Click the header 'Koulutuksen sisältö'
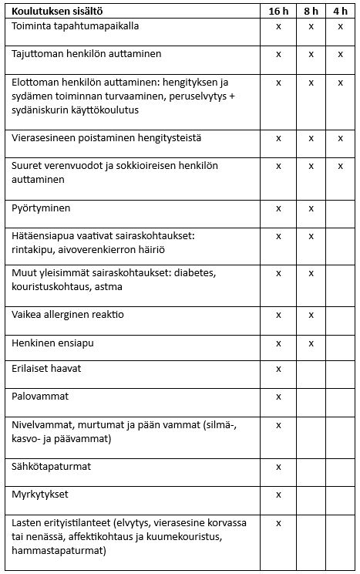coord(58,12)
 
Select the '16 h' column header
coord(278,12)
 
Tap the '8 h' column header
coord(311,12)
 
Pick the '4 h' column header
coord(340,12)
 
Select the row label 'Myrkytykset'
coord(39,493)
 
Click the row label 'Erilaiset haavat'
coord(47,369)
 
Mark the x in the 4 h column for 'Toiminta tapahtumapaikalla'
coord(340,26)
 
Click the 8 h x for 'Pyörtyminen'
coord(311,209)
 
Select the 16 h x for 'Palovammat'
coord(278,397)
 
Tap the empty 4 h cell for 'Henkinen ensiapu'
coord(340,343)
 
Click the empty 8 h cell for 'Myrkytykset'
coord(311,494)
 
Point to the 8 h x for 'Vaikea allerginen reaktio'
coord(311,315)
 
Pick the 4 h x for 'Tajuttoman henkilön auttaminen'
coord(340,55)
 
